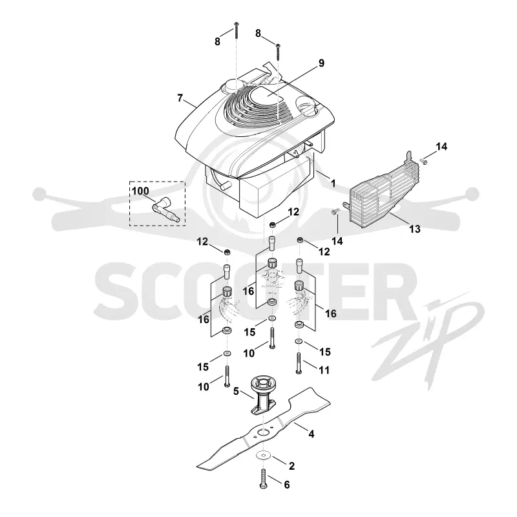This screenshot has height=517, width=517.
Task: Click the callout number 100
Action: point(140,191)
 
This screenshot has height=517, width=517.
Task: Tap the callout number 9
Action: point(321,63)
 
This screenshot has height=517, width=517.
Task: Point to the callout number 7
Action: point(180,98)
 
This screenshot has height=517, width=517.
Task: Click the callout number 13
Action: point(415,229)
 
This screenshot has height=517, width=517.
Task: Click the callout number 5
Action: point(236,391)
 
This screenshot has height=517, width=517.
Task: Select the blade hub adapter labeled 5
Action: point(263,395)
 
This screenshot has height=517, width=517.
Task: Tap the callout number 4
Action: point(311,434)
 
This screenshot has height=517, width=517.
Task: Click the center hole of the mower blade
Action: point(263,432)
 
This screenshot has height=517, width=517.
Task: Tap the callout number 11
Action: point(324,370)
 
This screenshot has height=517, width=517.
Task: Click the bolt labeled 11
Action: point(299,363)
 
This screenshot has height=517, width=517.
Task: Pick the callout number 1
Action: point(333,184)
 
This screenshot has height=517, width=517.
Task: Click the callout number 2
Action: point(291,466)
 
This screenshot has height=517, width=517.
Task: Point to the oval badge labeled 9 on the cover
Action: point(267,96)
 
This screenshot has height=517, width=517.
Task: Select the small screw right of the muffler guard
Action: point(423,161)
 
